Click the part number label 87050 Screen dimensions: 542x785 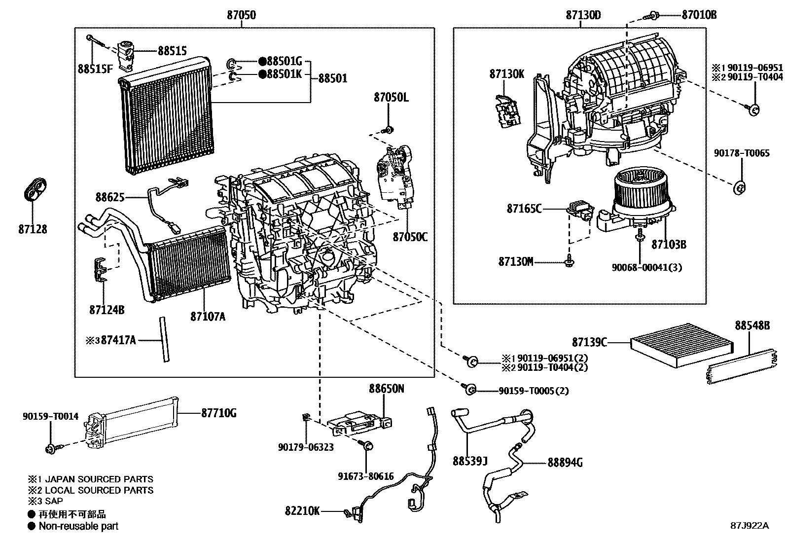(x=242, y=15)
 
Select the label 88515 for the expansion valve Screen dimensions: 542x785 (x=172, y=50)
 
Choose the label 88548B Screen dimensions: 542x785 (x=752, y=325)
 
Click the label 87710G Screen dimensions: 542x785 (x=218, y=413)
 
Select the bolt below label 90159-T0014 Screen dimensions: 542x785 (x=50, y=449)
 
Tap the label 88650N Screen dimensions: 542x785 (x=387, y=389)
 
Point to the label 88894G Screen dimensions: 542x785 (x=565, y=463)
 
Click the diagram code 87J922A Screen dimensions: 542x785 (x=749, y=525)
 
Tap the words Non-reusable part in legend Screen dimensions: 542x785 (x=79, y=526)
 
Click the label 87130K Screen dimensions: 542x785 (x=507, y=74)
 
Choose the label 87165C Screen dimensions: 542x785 (x=524, y=209)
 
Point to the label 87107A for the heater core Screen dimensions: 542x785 (x=208, y=316)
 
